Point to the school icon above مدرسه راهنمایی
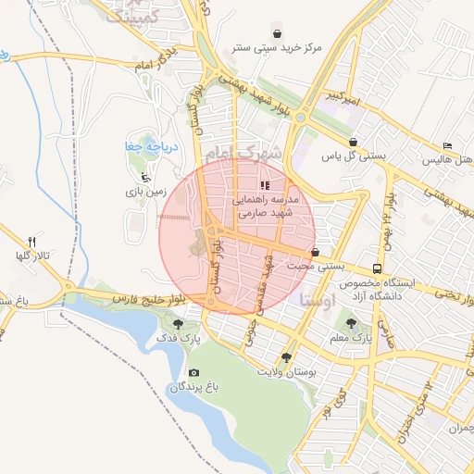click(x=266, y=185)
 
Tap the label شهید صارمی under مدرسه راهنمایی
click(x=265, y=213)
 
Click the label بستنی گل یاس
click(x=353, y=156)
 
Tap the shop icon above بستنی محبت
click(x=316, y=252)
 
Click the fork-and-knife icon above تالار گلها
click(x=32, y=241)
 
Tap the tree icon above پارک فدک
click(x=179, y=324)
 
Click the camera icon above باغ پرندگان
click(x=193, y=372)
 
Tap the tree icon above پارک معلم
click(x=351, y=322)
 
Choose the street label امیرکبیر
click(x=337, y=95)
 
